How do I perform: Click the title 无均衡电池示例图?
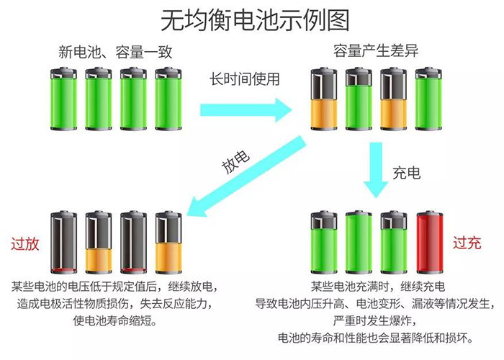tap(252, 18)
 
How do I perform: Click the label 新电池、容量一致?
tap(116, 52)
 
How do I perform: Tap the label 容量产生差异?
tap(375, 52)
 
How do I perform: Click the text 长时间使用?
tap(244, 78)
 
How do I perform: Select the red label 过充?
tap(466, 243)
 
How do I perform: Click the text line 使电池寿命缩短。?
tap(115, 320)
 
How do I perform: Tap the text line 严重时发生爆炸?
tap(374, 320)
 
